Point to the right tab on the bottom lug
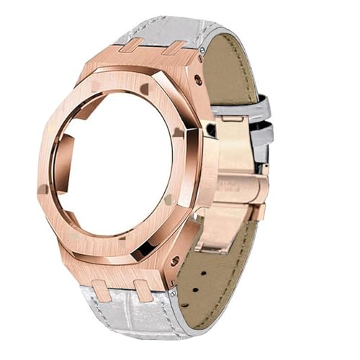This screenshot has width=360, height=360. tap(143, 290)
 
